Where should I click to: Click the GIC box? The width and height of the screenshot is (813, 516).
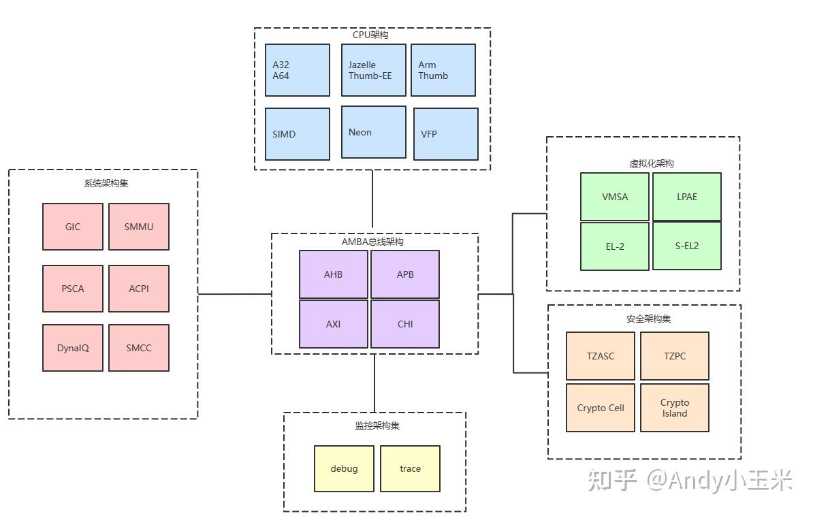tap(73, 227)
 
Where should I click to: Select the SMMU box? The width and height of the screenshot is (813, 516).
tap(139, 227)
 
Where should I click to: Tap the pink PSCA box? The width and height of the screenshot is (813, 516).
tap(73, 289)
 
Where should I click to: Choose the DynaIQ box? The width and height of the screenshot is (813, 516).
tap(73, 348)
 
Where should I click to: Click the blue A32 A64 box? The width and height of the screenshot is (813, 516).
tap(298, 70)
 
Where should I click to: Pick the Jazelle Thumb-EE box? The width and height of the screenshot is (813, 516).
tap(373, 70)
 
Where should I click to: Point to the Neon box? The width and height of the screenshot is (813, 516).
tap(373, 132)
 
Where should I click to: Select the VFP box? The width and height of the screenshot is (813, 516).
tap(445, 134)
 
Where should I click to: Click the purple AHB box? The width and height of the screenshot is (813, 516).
tap(334, 274)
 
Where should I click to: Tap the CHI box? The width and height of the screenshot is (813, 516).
tap(405, 324)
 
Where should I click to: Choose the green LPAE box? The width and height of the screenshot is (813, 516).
tap(687, 197)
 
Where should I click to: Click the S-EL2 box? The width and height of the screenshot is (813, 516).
tap(687, 246)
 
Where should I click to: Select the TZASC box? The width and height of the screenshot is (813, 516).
tap(601, 356)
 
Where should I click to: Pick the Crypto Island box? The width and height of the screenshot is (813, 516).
tap(675, 408)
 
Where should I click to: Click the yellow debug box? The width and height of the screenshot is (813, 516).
tap(344, 468)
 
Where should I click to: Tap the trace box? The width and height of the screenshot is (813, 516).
tap(410, 468)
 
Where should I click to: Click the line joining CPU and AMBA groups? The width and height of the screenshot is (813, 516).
tap(372, 199)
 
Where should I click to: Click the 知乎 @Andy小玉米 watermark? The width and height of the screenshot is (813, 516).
tap(689, 481)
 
